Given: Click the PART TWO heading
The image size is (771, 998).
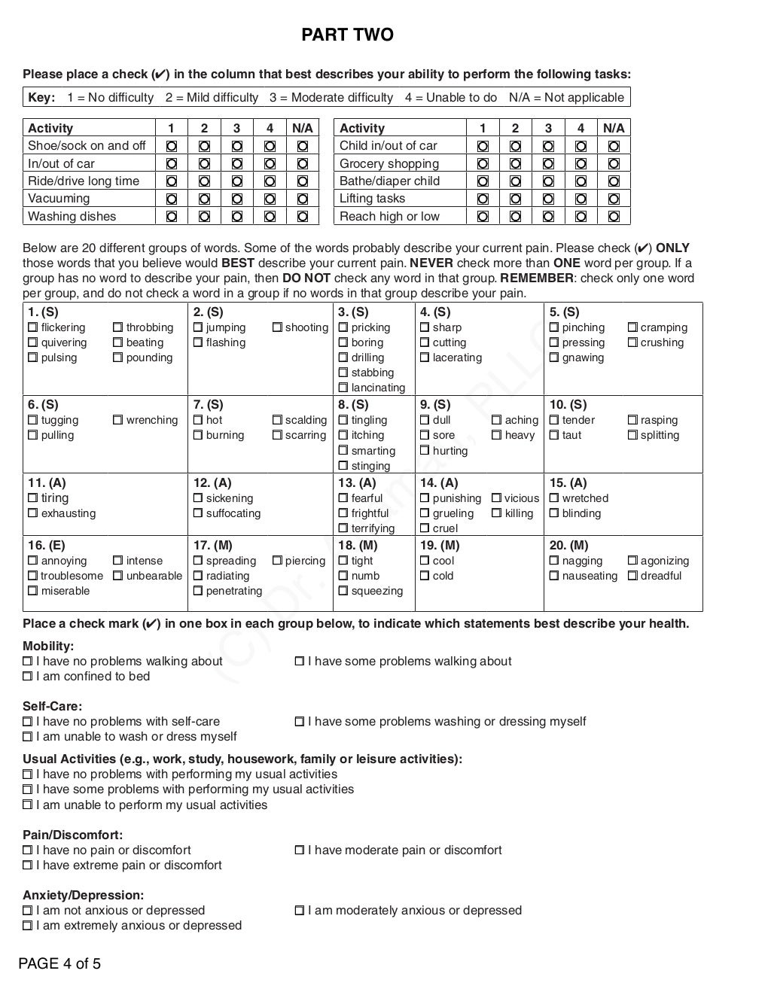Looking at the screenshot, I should coord(347,35).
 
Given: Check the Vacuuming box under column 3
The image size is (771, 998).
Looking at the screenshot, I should coord(237,199).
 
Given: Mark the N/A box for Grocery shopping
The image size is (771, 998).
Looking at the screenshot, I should coord(614,163).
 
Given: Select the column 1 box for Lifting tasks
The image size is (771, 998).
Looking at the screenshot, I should coord(483,199).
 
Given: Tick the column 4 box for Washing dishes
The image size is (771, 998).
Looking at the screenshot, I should coord(270,217).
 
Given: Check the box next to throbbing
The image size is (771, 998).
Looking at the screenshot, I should coord(117,327).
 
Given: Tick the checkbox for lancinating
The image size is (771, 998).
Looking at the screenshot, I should coord(343,388).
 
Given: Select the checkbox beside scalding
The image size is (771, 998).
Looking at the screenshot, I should coord(277,420).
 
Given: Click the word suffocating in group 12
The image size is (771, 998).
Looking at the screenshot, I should coord(233,513).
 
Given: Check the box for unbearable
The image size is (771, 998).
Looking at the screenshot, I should coord(117,576).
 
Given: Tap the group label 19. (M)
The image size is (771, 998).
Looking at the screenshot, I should coord(439,545).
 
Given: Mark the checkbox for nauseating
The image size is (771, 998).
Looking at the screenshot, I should coord(554,576).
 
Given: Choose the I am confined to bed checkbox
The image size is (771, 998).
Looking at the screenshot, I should coord(28,677).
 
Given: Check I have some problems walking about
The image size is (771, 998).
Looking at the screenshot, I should coord(300,662).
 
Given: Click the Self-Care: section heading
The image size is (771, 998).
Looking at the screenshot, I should coord(52,706).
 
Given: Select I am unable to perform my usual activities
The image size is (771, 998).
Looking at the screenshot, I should coord(28,805).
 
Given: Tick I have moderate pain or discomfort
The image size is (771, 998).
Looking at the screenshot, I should coord(300,850).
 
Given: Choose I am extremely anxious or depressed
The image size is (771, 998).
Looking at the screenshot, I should coord(28,926).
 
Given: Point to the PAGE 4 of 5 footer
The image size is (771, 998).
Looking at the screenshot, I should coord(59,964).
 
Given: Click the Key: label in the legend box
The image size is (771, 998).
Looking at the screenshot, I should coord(41,97).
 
